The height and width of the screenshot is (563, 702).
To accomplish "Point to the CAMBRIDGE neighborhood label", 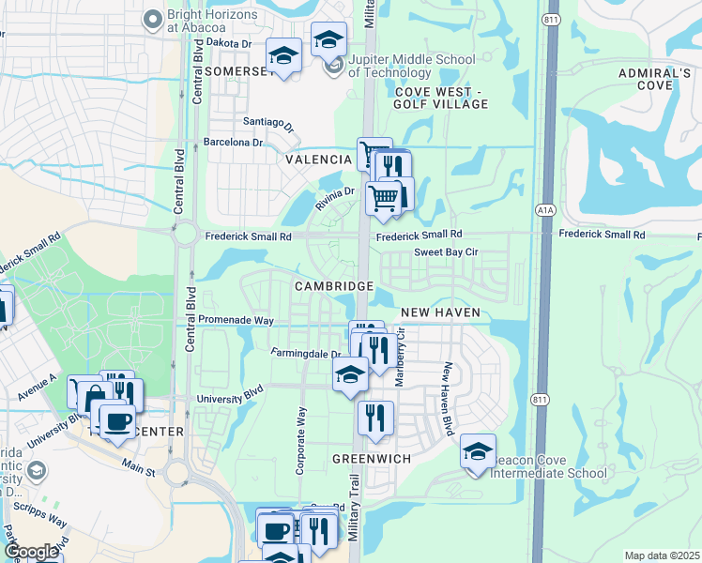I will click(334, 285).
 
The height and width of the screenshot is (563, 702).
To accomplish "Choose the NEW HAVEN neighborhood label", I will click(440, 312).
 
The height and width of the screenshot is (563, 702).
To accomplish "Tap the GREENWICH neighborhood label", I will click(373, 460).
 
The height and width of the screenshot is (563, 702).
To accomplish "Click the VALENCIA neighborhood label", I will click(319, 160).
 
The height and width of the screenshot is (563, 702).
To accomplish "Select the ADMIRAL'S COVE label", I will click(647, 79).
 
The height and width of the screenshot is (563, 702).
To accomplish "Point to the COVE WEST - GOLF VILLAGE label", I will click(441, 98).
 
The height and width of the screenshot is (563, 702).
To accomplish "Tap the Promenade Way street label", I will click(236, 321).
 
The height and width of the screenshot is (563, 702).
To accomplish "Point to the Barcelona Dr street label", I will click(234, 143).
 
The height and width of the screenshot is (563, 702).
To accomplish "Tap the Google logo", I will click(32, 552).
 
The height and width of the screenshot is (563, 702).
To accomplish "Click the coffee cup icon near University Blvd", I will click(116, 420).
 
